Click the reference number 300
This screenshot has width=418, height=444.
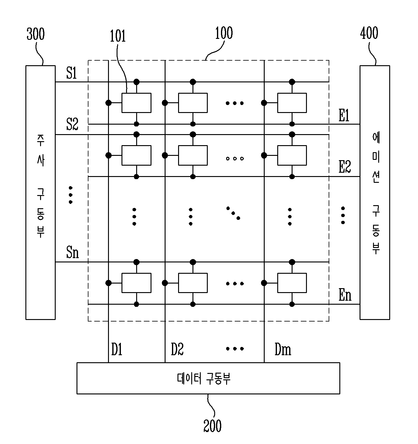(36, 34)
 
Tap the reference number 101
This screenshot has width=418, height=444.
(118, 36)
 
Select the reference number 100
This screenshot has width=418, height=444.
(224, 33)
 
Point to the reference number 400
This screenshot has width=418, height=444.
(369, 33)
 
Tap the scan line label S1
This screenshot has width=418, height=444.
(72, 73)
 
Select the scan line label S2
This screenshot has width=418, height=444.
(72, 124)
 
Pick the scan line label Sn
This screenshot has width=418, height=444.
(73, 252)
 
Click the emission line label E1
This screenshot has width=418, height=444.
(344, 115)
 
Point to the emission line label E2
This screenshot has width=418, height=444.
(345, 167)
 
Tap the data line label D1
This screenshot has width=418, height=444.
(117, 349)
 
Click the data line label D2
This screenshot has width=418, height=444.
(177, 349)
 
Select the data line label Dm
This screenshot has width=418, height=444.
(283, 349)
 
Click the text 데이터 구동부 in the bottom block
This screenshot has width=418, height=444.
(203, 378)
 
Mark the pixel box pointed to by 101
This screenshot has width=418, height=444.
(136, 103)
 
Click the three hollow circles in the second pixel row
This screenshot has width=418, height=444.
(235, 159)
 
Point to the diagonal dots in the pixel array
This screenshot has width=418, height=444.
(233, 213)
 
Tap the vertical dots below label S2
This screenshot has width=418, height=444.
(71, 195)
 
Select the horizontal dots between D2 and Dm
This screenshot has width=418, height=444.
(235, 348)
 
